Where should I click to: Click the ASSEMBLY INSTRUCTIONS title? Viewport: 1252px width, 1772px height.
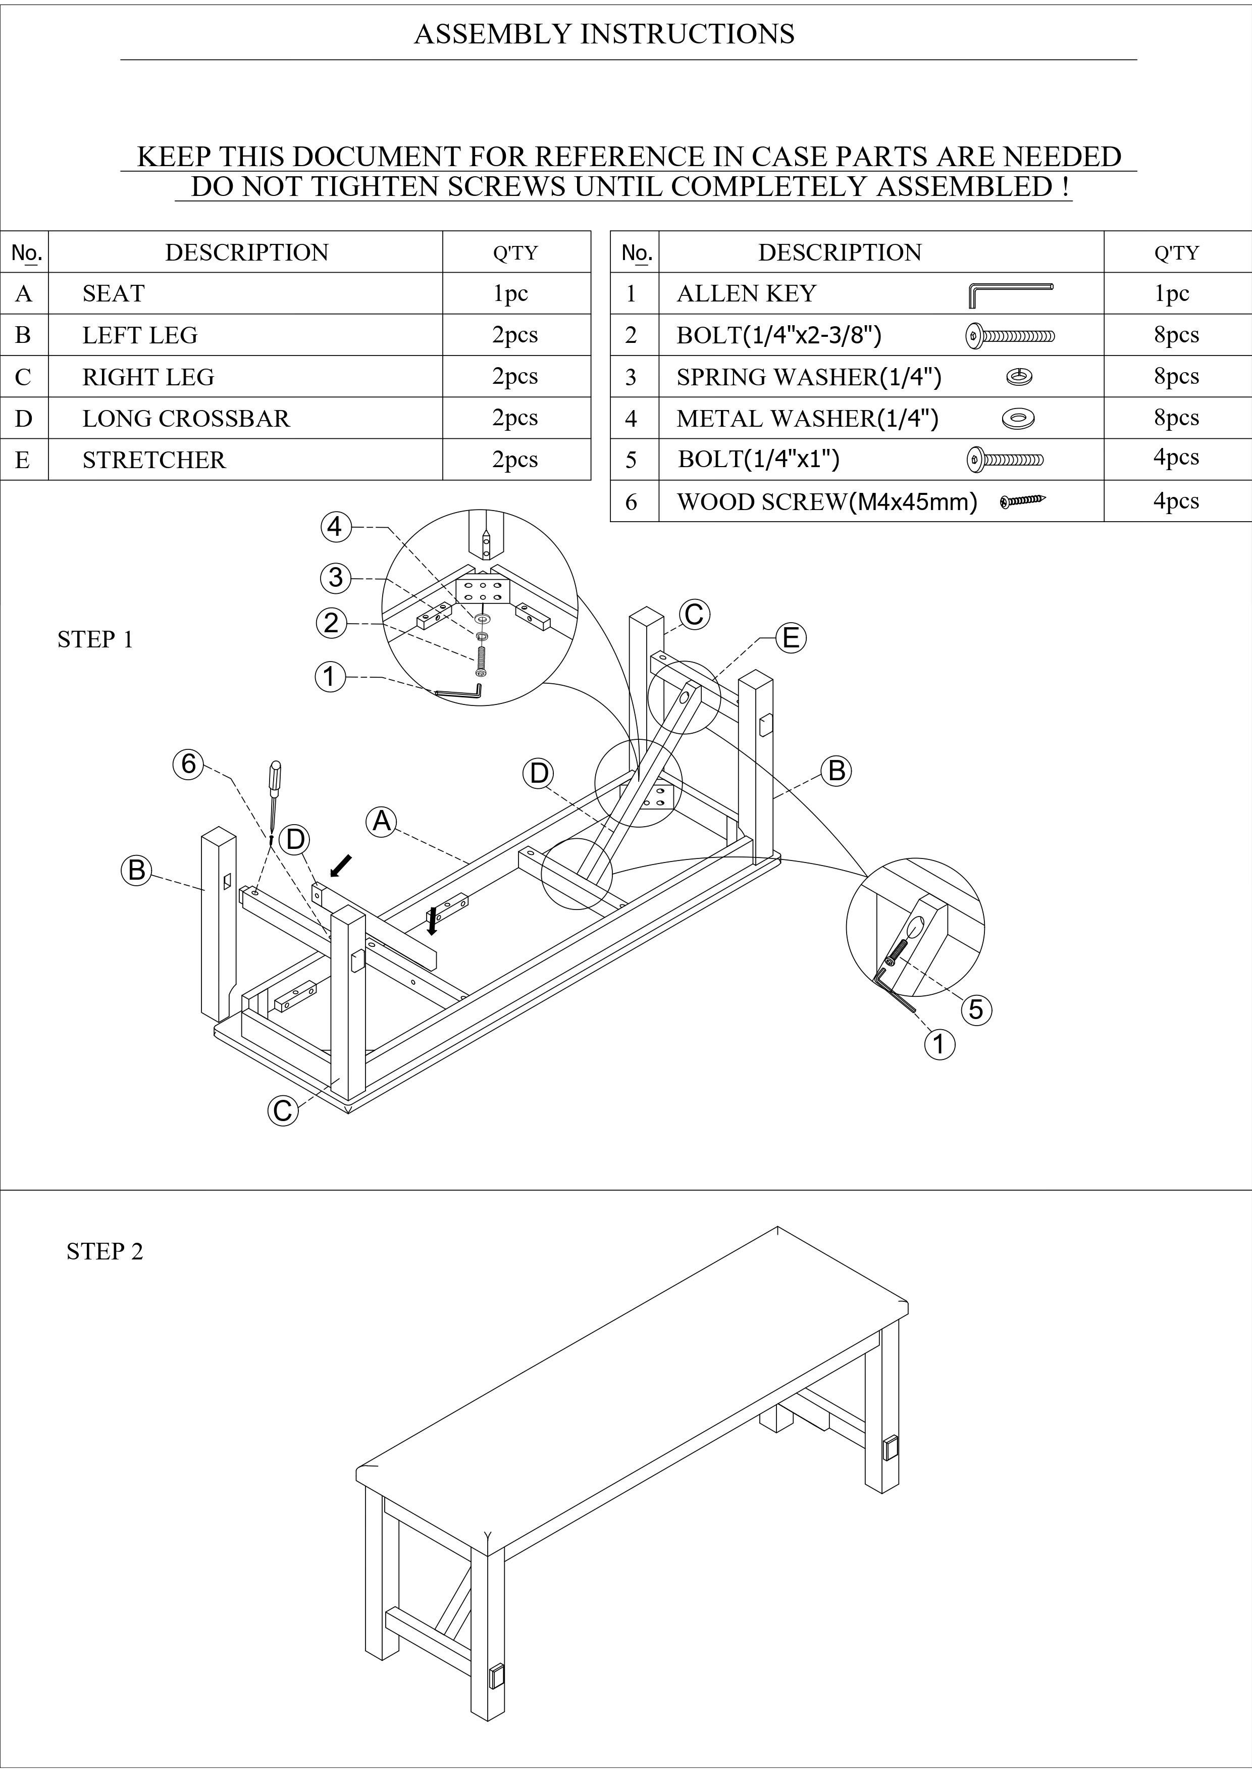(604, 34)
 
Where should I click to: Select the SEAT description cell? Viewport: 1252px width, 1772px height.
(114, 293)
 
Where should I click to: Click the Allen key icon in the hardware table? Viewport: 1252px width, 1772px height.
(1010, 294)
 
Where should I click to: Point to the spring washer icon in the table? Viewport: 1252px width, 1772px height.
(1019, 377)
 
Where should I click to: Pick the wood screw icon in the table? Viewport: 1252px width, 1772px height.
(1023, 501)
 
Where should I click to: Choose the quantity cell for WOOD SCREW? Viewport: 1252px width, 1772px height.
(1176, 501)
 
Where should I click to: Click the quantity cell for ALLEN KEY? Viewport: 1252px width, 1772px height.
(1171, 293)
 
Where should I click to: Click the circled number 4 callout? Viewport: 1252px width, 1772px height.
(335, 527)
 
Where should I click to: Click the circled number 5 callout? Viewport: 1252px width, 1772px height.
(976, 1009)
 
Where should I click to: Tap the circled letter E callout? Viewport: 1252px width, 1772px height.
(791, 638)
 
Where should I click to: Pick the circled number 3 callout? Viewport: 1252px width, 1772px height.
(335, 577)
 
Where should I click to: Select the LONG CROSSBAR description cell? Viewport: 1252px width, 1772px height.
(186, 418)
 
